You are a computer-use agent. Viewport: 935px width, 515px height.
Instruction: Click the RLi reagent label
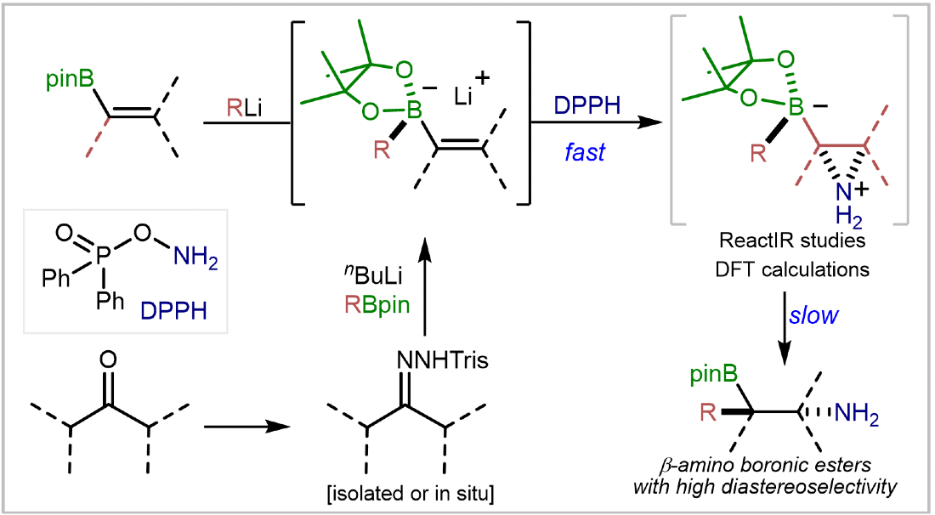pyautogui.click(x=244, y=108)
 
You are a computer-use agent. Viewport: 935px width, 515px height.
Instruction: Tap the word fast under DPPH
pyautogui.click(x=585, y=152)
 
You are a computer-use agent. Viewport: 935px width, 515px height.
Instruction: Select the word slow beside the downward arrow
pyautogui.click(x=813, y=314)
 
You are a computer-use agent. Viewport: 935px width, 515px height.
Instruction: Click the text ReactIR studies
pyautogui.click(x=792, y=241)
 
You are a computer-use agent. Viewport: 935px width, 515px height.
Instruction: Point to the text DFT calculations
pyautogui.click(x=792, y=269)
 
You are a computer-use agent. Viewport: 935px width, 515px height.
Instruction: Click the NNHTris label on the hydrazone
pyautogui.click(x=443, y=360)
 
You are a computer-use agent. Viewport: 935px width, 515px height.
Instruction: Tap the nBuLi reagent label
pyautogui.click(x=373, y=275)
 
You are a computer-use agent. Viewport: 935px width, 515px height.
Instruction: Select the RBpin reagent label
pyautogui.click(x=377, y=304)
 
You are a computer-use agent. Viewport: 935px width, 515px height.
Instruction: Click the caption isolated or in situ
pyautogui.click(x=411, y=494)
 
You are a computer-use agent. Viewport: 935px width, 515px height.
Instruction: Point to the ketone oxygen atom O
pyautogui.click(x=109, y=359)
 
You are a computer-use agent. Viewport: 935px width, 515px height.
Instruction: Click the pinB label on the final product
pyautogui.click(x=714, y=376)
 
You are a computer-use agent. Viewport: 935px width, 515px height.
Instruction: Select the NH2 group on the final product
pyautogui.click(x=857, y=413)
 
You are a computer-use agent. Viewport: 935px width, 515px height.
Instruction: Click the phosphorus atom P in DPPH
pyautogui.click(x=104, y=256)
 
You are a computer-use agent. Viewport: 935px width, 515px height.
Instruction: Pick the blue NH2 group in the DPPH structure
pyautogui.click(x=195, y=257)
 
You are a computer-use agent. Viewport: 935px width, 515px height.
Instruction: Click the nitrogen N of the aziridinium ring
pyautogui.click(x=843, y=193)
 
